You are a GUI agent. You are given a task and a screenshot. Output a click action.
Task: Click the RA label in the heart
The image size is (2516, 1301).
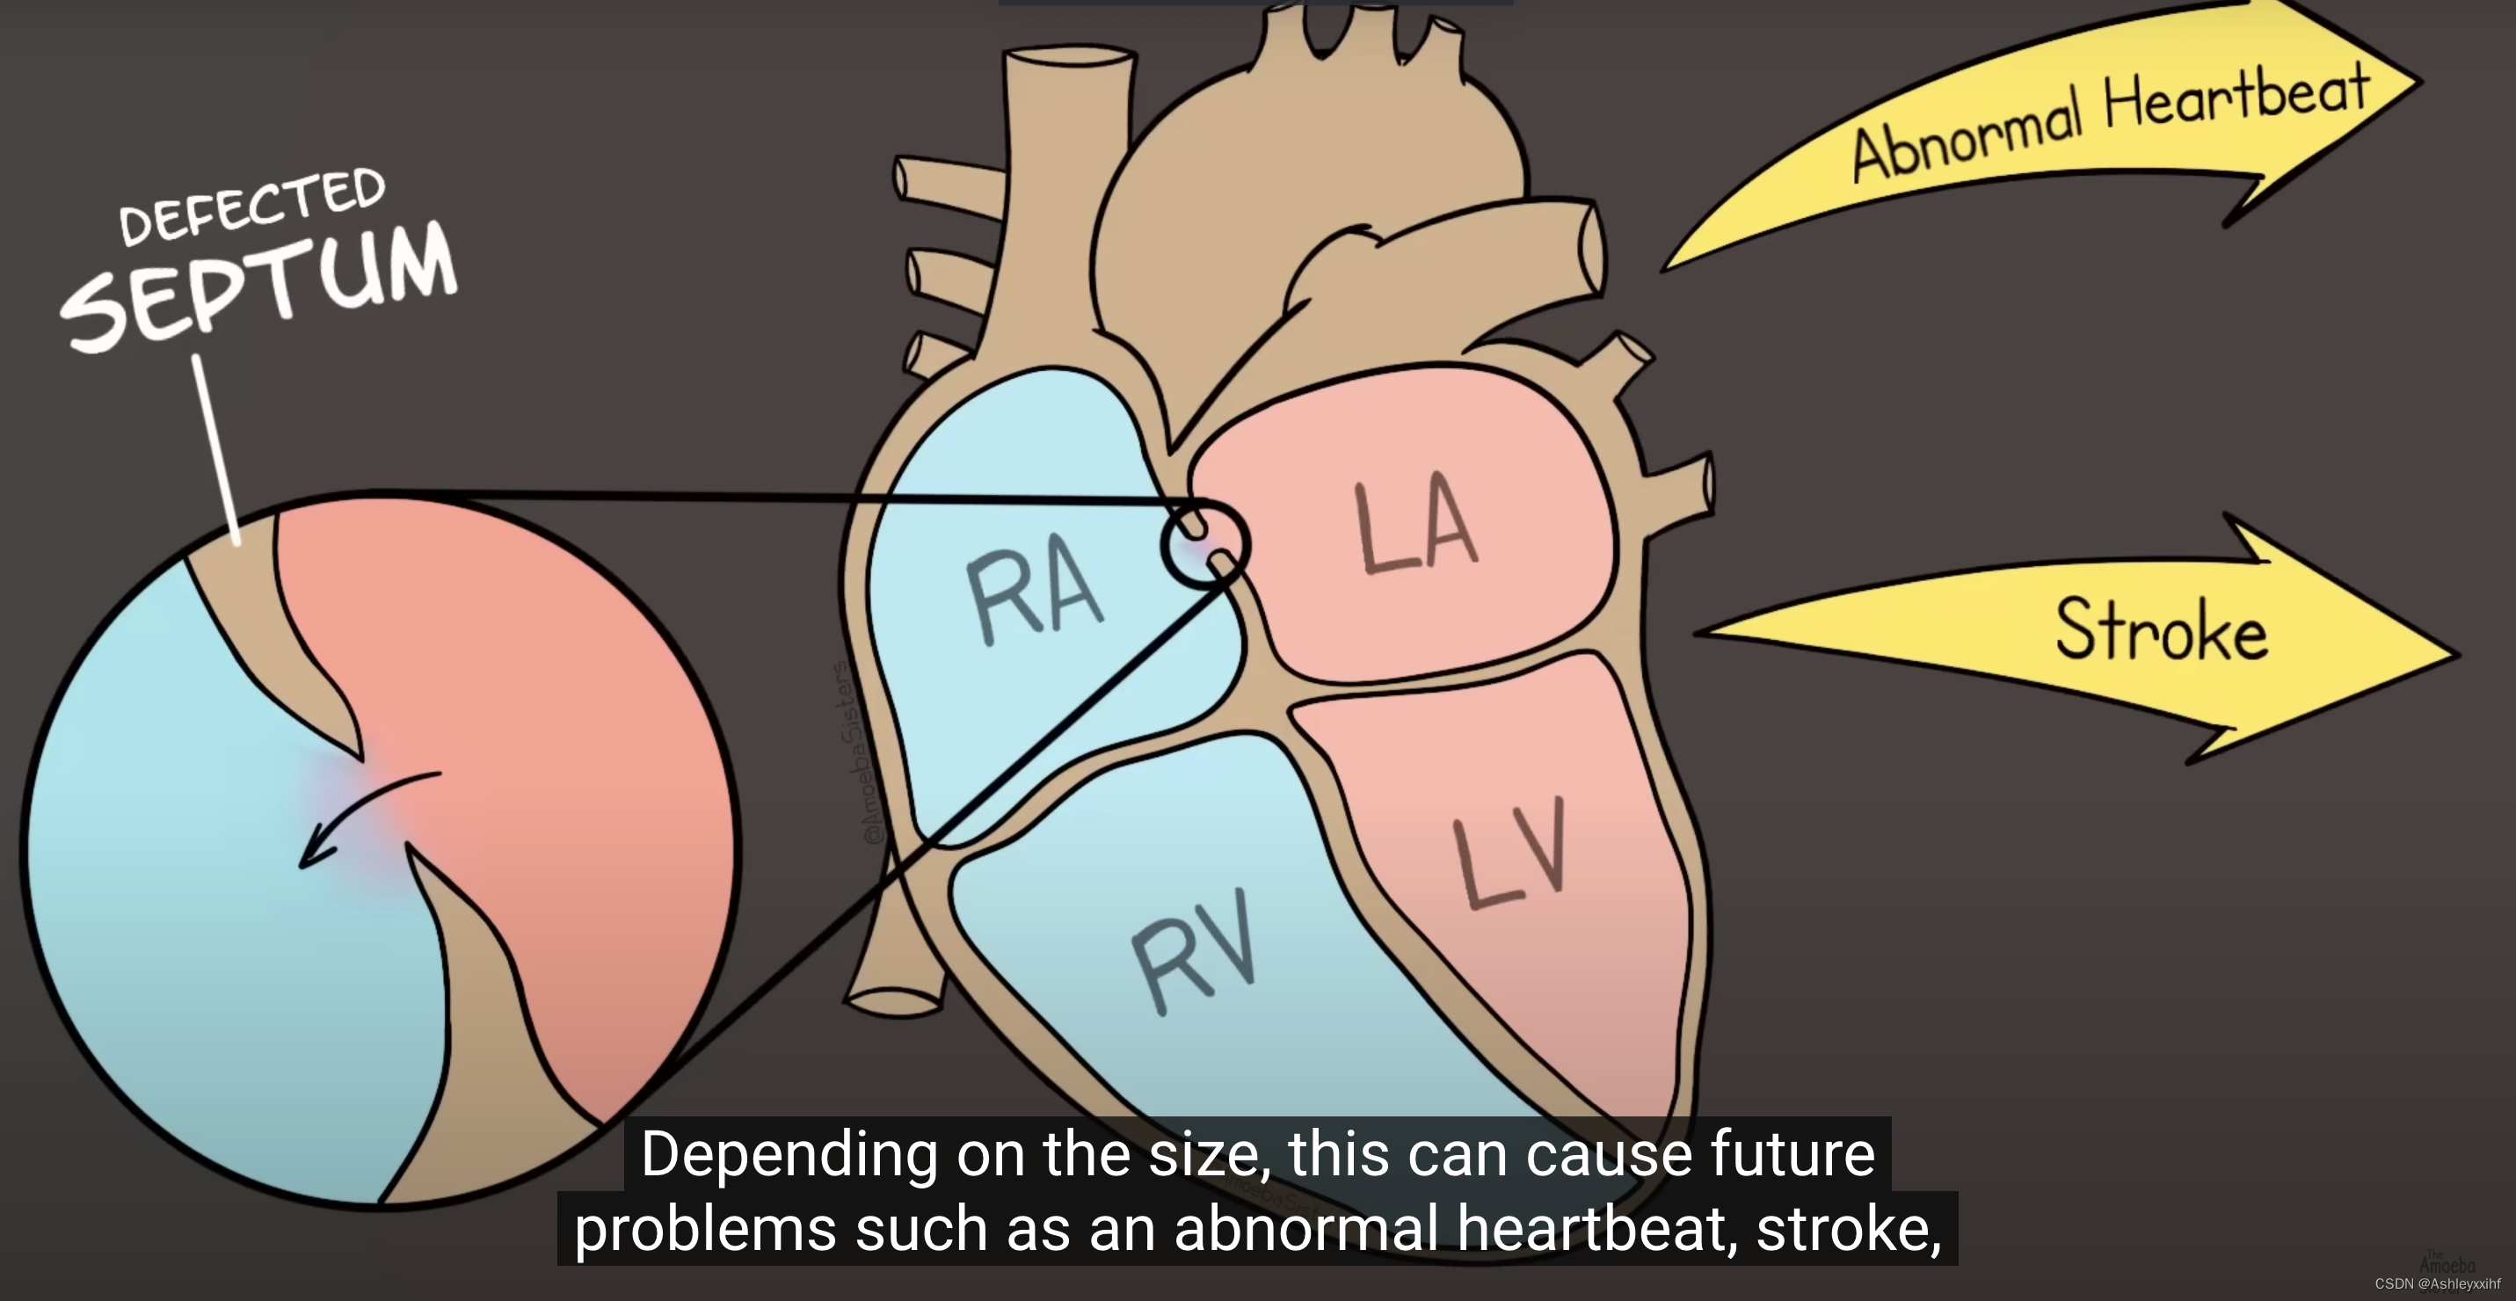point(1033,592)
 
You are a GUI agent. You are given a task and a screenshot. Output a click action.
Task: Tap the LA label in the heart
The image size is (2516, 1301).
point(1416,527)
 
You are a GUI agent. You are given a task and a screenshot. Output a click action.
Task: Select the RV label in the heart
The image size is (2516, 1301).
point(1194,949)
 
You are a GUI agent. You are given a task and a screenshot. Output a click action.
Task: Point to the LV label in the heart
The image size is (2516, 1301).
point(1512,852)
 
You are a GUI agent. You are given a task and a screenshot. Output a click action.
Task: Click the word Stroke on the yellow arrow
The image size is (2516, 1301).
point(2161,630)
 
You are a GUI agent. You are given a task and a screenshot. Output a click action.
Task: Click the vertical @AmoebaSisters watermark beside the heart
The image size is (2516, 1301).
point(857,752)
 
